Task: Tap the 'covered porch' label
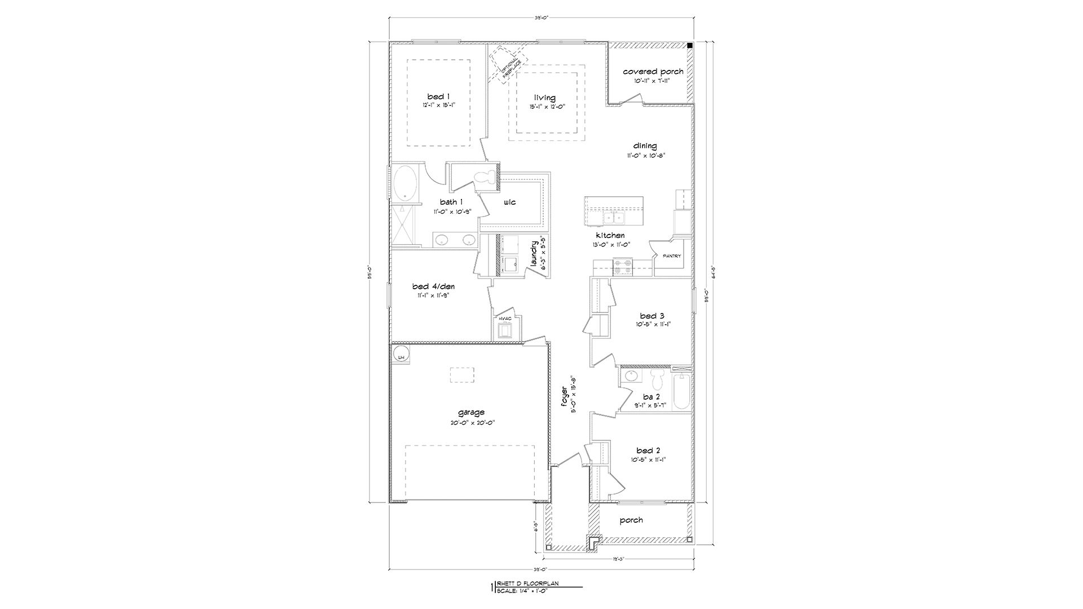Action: [x=653, y=72]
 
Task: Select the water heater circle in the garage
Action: [x=402, y=357]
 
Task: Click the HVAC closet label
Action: [x=505, y=319]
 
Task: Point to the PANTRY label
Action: [x=672, y=256]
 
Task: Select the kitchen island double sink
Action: [x=613, y=217]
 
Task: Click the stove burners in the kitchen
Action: [x=623, y=266]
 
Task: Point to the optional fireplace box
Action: [x=507, y=64]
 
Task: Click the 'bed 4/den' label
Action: [x=433, y=286]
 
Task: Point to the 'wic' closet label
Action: [x=509, y=202]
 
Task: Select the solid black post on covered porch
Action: [x=690, y=46]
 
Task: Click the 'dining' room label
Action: [x=645, y=146]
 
